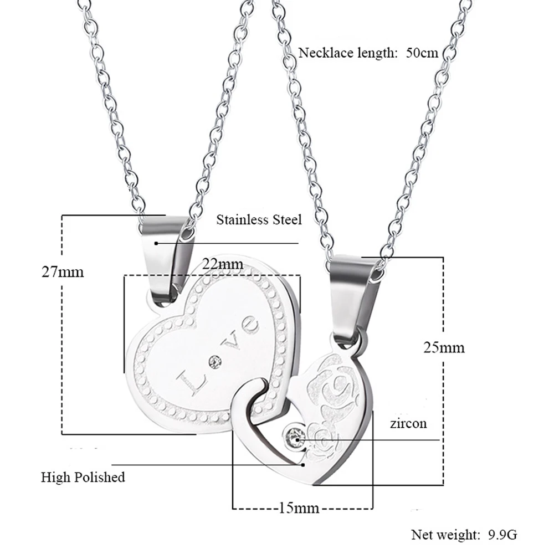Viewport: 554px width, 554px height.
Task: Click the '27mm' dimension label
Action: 63,272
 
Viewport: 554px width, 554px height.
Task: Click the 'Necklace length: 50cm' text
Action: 368,53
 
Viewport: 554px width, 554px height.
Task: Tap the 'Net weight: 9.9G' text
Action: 464,535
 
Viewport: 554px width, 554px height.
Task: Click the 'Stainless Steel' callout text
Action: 259,220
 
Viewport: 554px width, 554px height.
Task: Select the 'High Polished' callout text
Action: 83,477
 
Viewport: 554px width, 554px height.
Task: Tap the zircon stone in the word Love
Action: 214,363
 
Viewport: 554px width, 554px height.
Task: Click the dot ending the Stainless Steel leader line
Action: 157,243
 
